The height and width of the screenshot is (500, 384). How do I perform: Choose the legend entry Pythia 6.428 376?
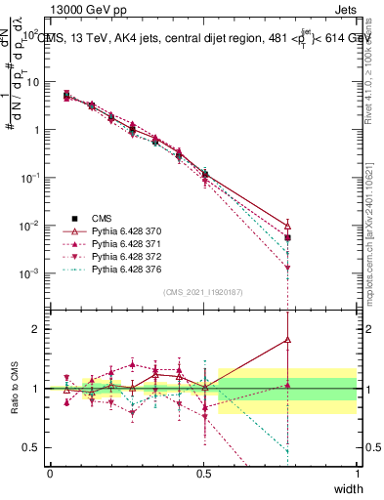coord(123,269)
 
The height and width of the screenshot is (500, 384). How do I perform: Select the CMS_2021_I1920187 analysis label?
coord(202,292)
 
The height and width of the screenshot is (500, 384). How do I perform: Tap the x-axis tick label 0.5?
coord(203,473)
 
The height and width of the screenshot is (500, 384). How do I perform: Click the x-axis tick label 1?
coord(357,473)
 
